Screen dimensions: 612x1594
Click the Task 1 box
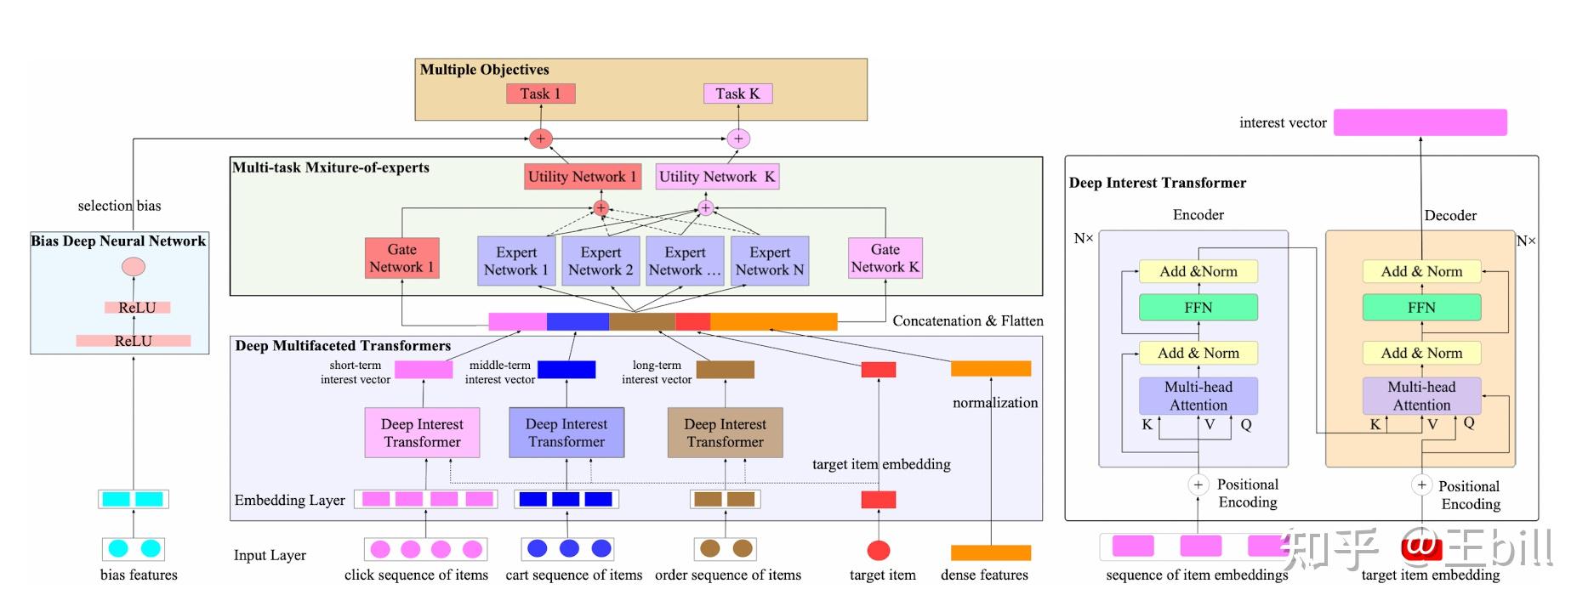(540, 93)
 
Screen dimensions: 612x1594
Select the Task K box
(737, 93)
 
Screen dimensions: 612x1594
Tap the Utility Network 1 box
(582, 177)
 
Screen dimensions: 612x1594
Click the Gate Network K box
(885, 258)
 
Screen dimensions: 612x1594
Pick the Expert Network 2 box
(601, 261)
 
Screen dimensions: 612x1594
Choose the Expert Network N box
(769, 261)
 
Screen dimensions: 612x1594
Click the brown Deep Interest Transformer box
(725, 433)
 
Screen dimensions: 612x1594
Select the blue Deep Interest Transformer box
(566, 433)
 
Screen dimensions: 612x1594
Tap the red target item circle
(878, 550)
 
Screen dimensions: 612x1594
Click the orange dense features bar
(990, 552)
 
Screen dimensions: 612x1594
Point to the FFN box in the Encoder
(1198, 308)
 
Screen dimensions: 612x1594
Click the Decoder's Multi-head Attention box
(1421, 396)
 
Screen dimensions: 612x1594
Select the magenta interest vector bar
(1420, 122)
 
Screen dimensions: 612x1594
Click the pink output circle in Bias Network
(134, 267)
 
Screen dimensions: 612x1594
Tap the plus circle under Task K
(738, 139)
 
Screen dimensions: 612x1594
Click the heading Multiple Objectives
(484, 70)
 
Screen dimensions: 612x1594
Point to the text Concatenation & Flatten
(967, 321)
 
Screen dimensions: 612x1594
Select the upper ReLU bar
(137, 308)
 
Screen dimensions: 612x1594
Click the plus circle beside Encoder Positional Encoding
(1198, 484)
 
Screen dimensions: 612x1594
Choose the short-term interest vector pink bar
(424, 370)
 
